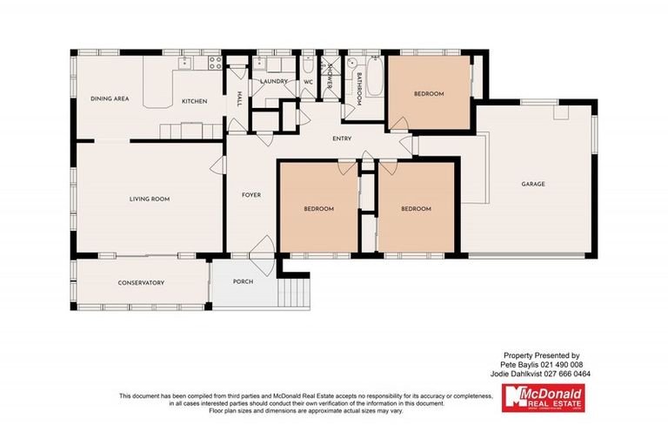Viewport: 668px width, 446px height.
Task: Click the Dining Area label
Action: tap(110, 99)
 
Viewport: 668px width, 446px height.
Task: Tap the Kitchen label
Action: tap(194, 102)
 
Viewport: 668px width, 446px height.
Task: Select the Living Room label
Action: tap(149, 199)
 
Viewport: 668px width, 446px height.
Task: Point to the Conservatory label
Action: tap(141, 283)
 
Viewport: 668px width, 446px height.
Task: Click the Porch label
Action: tap(244, 281)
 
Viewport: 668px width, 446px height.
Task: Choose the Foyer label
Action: tap(251, 195)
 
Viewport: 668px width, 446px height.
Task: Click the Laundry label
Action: tap(274, 82)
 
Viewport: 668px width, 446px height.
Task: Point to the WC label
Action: tap(308, 82)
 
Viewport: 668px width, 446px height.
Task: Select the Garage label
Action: tap(533, 184)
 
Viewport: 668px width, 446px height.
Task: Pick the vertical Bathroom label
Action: tap(357, 86)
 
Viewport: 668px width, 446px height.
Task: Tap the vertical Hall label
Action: tap(238, 100)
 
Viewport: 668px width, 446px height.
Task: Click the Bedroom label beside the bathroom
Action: tap(428, 94)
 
